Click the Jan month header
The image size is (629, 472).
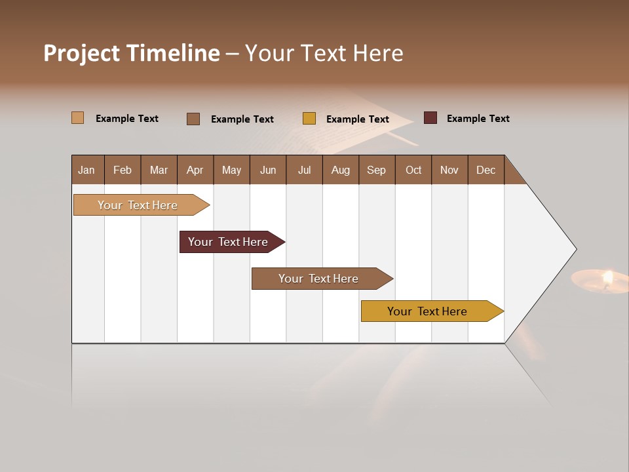tap(87, 170)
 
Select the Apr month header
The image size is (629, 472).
tap(195, 170)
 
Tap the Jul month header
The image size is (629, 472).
tap(304, 170)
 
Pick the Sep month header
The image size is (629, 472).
tap(376, 170)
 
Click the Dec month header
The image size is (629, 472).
tap(486, 170)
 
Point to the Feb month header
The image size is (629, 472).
tap(123, 170)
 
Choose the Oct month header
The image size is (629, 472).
tap(413, 170)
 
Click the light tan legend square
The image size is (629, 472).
tap(78, 118)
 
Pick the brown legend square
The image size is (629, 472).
tap(193, 119)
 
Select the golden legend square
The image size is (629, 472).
tap(309, 119)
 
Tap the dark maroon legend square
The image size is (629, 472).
tap(430, 118)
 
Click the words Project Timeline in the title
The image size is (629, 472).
tap(131, 53)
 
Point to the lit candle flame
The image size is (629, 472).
tap(607, 277)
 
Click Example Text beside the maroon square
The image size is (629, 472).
tap(478, 119)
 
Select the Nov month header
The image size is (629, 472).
tap(449, 170)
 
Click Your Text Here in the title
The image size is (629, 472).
tap(324, 53)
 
